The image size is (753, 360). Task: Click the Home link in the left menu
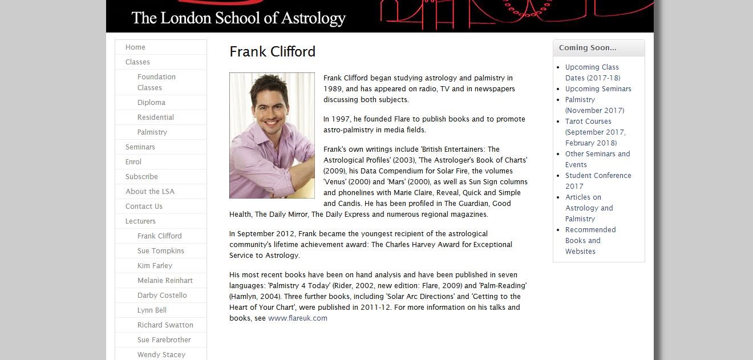[x=135, y=47]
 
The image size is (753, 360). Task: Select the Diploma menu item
[x=151, y=103]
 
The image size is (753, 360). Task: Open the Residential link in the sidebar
[x=155, y=118]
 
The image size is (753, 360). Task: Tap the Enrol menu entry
[x=133, y=162]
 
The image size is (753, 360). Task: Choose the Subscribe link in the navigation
[x=141, y=177]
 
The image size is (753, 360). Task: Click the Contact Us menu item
[x=144, y=207]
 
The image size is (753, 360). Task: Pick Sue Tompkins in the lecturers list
[x=160, y=251]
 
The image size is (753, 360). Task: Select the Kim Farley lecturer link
[x=155, y=266]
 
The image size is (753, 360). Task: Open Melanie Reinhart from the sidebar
[x=165, y=281]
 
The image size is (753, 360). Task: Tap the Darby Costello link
[x=162, y=296]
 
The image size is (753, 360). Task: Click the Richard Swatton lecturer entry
[x=165, y=325]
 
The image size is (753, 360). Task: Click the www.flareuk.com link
[x=298, y=318]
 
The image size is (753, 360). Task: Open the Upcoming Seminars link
[x=598, y=89]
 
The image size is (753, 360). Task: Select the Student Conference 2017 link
[x=598, y=181]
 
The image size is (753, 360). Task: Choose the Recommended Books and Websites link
[x=590, y=241]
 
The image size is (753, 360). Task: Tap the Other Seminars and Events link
[x=597, y=159]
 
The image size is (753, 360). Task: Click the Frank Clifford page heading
[x=272, y=52]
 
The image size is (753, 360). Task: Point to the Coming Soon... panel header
[x=588, y=48]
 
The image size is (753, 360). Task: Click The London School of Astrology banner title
[x=238, y=18]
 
